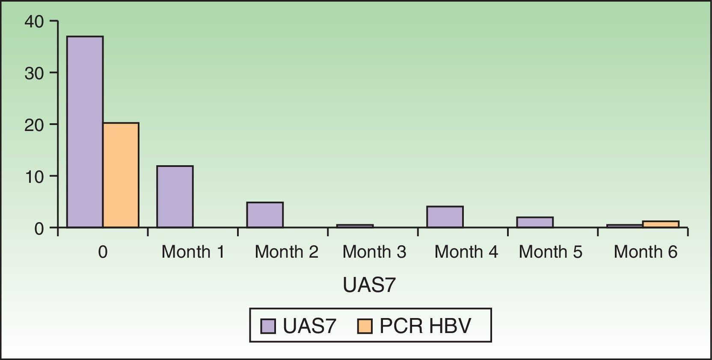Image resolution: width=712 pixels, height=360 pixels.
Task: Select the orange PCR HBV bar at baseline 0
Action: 121,175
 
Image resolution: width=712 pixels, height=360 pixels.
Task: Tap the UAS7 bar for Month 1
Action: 175,196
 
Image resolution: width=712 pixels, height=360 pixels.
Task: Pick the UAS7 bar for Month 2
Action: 264,214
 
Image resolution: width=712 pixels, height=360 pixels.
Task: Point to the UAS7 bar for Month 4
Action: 445,217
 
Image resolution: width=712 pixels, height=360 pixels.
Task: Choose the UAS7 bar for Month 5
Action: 534,222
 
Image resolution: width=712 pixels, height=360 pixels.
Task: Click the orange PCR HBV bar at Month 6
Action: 660,224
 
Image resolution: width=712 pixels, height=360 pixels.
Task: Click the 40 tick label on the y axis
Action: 34,21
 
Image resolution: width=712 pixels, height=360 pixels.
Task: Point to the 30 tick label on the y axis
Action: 34,73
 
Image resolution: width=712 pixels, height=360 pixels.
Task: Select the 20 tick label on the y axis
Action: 34,125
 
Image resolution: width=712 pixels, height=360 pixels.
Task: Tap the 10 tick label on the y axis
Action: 34,176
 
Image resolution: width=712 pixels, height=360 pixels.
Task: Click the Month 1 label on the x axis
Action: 193,252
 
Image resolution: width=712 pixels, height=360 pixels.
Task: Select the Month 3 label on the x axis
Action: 374,252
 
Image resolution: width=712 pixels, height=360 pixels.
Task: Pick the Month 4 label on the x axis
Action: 466,252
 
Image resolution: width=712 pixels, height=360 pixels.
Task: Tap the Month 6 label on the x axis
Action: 645,252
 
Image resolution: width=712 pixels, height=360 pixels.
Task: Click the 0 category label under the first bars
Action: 103,252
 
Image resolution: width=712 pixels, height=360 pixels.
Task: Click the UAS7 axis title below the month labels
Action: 369,286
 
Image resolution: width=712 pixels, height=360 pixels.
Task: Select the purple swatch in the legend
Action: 268,326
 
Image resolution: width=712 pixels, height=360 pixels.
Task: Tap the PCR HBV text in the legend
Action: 425,326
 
